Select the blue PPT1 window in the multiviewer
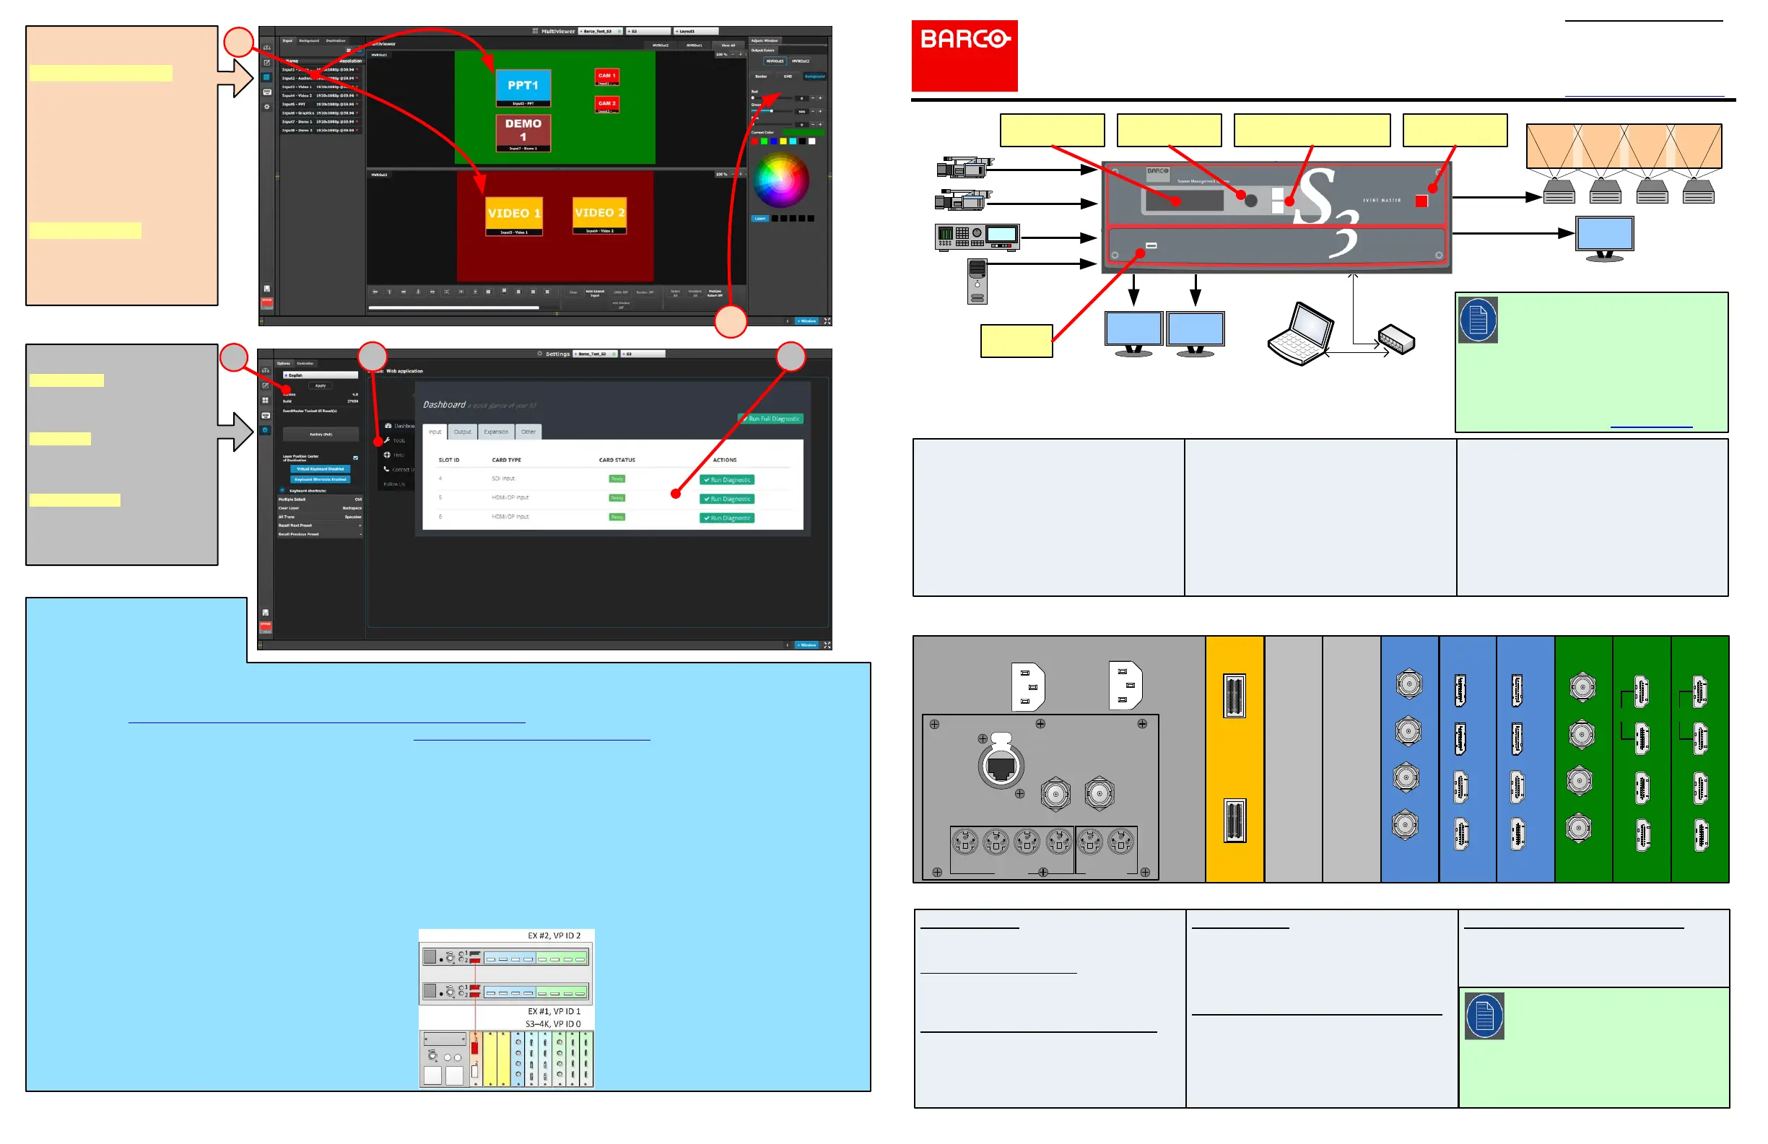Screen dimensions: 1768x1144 (x=523, y=86)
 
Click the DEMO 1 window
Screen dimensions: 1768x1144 (x=523, y=131)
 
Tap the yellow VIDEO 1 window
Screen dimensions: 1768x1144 (x=513, y=214)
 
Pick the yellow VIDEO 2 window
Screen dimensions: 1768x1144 (x=599, y=213)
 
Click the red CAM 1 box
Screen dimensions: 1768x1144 (x=606, y=76)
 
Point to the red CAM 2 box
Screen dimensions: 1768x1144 (x=606, y=103)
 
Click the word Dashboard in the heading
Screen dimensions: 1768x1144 (x=444, y=405)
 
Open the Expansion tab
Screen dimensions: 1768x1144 (x=496, y=432)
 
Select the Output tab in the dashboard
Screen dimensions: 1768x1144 (x=462, y=432)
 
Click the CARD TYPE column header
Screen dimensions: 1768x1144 (x=507, y=460)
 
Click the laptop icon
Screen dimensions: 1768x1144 (x=1301, y=335)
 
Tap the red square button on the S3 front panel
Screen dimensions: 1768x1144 (x=1421, y=201)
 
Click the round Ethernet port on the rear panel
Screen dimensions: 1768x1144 (x=1001, y=767)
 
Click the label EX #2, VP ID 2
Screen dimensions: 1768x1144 (x=554, y=937)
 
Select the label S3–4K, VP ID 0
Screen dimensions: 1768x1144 (x=553, y=1025)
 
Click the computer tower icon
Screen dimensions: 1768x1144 (x=977, y=281)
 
